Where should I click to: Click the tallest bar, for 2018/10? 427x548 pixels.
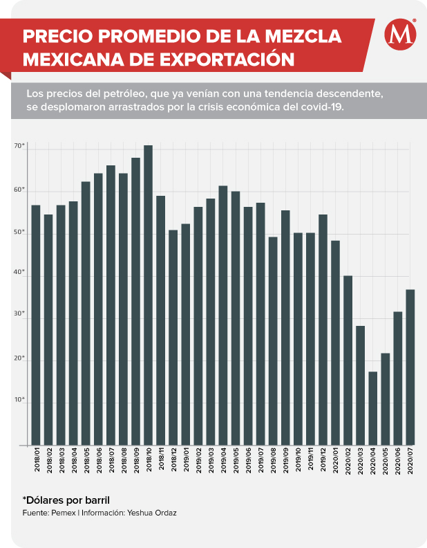pyautogui.click(x=149, y=295)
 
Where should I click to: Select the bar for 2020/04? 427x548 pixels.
pyautogui.click(x=373, y=408)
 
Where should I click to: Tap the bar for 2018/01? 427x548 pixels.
pyautogui.click(x=36, y=325)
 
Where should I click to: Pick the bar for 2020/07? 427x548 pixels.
pyautogui.click(x=410, y=367)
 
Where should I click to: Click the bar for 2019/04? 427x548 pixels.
pyautogui.click(x=223, y=316)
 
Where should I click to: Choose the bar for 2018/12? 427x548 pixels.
pyautogui.click(x=173, y=338)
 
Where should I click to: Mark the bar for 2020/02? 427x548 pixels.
pyautogui.click(x=348, y=360)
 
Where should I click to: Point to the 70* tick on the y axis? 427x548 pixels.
pyautogui.click(x=19, y=146)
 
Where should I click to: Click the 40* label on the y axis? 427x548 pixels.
pyautogui.click(x=19, y=272)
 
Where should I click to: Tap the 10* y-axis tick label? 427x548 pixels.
pyautogui.click(x=19, y=399)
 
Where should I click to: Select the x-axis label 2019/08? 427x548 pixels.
pyautogui.click(x=273, y=460)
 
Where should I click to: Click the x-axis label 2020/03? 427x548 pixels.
pyautogui.click(x=361, y=460)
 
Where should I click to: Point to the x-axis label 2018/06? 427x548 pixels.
pyautogui.click(x=99, y=460)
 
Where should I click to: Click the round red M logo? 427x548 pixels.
pyautogui.click(x=401, y=35)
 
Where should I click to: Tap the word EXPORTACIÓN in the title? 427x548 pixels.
pyautogui.click(x=227, y=60)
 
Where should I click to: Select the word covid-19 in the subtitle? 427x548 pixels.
pyautogui.click(x=323, y=107)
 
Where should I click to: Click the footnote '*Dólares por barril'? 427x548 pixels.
pyautogui.click(x=66, y=500)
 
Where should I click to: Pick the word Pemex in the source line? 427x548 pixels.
pyautogui.click(x=64, y=513)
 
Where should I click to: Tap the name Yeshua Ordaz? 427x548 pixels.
pyautogui.click(x=152, y=513)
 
